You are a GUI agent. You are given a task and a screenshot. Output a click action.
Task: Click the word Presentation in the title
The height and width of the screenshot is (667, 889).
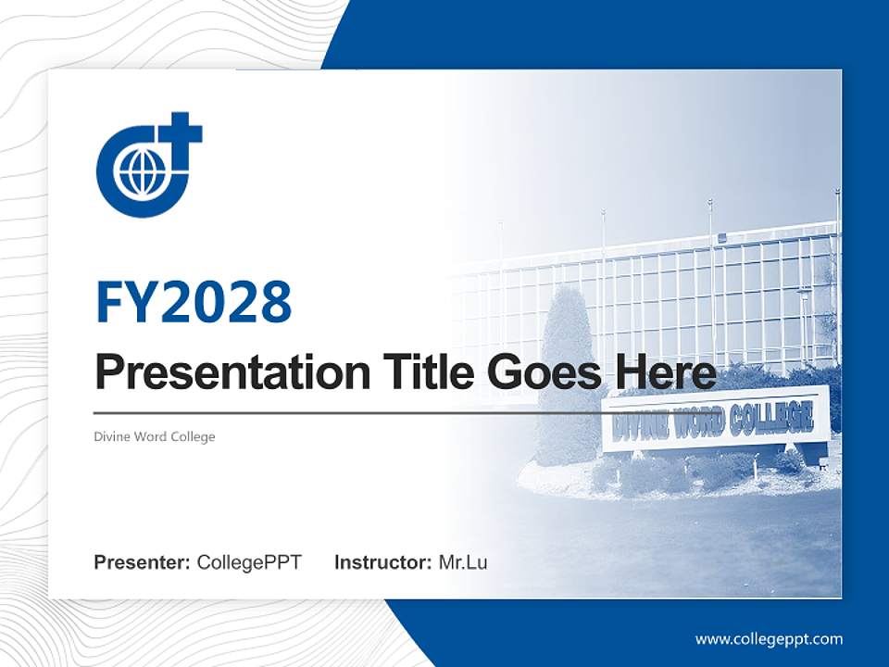click(219, 373)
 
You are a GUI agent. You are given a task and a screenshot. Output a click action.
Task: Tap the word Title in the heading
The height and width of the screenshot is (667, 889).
click(411, 372)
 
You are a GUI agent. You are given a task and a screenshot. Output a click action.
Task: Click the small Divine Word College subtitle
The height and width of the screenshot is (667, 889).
click(155, 436)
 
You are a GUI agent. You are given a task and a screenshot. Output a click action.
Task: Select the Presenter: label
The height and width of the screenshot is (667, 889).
click(143, 562)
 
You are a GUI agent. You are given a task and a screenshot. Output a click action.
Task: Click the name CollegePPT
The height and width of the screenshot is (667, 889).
click(249, 562)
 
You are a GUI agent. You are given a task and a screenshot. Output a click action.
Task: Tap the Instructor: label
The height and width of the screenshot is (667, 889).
click(382, 562)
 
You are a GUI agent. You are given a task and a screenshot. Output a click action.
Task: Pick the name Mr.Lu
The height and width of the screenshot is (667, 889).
click(463, 562)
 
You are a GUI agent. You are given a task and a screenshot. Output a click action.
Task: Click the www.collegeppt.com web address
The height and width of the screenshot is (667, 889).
click(769, 638)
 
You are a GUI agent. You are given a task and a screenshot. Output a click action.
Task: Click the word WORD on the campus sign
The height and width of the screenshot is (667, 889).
click(697, 423)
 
